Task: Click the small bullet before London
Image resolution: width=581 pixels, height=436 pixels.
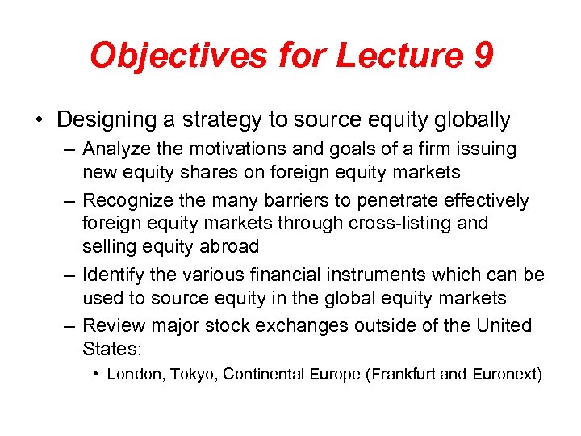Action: tap(96, 374)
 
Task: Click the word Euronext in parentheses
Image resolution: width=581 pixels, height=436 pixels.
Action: tap(504, 374)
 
